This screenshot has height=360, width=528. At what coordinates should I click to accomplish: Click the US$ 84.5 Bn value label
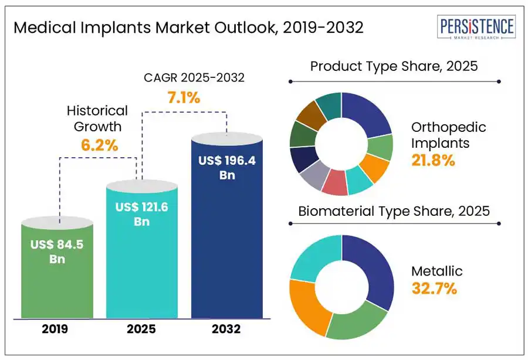point(57,252)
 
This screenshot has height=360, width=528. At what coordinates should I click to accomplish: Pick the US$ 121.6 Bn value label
point(141,214)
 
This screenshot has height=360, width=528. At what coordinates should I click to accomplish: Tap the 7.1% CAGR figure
point(184,98)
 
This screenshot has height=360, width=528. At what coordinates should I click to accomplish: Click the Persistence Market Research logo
point(477,28)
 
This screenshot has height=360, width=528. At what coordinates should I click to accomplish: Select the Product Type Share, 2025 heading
point(394,66)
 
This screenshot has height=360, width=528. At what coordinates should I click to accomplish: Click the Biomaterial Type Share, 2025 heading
point(394,211)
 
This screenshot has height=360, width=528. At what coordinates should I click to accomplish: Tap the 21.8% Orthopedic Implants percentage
point(434,160)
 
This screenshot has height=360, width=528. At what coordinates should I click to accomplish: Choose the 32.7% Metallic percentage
point(434,288)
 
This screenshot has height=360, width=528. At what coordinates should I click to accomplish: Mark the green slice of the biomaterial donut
point(356,322)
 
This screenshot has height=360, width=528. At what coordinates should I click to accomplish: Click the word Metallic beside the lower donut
point(437,271)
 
